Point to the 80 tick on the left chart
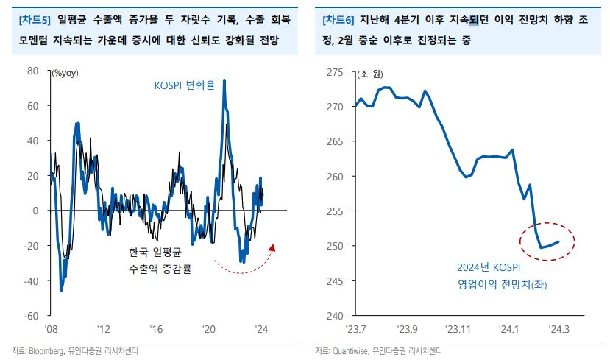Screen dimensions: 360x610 pos(32,71)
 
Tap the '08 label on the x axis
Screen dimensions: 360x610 pos(51,328)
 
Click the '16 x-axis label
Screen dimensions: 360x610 pos(156,328)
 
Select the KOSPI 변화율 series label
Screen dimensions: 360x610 pos(184,85)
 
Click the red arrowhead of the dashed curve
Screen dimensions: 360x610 pos(273,247)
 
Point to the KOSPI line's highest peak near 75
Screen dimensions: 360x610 pos(224,80)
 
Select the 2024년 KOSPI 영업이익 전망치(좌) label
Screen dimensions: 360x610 pos(490,275)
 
